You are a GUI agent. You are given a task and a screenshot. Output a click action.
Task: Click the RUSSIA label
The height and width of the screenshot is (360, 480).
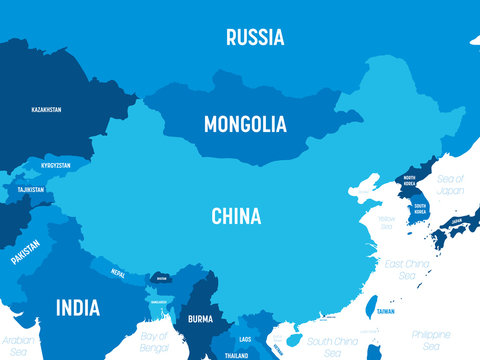pyautogui.click(x=255, y=38)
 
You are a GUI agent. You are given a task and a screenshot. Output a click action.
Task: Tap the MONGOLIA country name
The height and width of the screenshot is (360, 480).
pyautogui.click(x=245, y=125)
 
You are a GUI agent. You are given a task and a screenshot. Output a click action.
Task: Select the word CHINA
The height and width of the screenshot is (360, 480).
pyautogui.click(x=236, y=215)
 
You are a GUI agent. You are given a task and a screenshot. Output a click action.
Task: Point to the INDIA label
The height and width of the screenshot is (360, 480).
pyautogui.click(x=77, y=306)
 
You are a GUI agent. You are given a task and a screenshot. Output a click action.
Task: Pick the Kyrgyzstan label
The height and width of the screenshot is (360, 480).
pyautogui.click(x=56, y=164)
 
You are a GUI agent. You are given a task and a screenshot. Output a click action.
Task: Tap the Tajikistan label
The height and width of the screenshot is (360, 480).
pyautogui.click(x=31, y=189)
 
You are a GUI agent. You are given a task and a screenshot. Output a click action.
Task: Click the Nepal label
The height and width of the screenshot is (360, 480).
pyautogui.click(x=118, y=271)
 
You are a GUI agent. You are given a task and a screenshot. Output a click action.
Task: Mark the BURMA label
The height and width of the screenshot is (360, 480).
pyautogui.click(x=200, y=319)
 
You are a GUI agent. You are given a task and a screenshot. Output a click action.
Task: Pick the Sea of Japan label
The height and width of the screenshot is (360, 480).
pyautogui.click(x=452, y=184)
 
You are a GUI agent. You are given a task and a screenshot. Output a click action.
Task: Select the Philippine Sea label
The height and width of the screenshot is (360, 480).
pyautogui.click(x=431, y=340)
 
